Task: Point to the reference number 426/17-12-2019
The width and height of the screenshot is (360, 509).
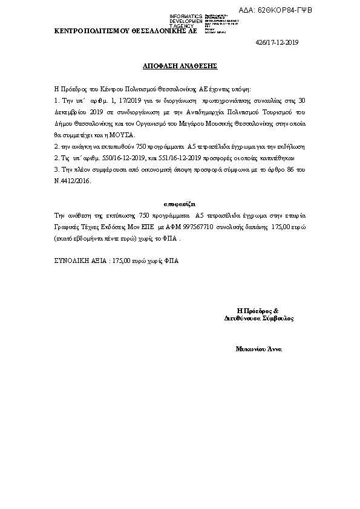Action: [x=278, y=42]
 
